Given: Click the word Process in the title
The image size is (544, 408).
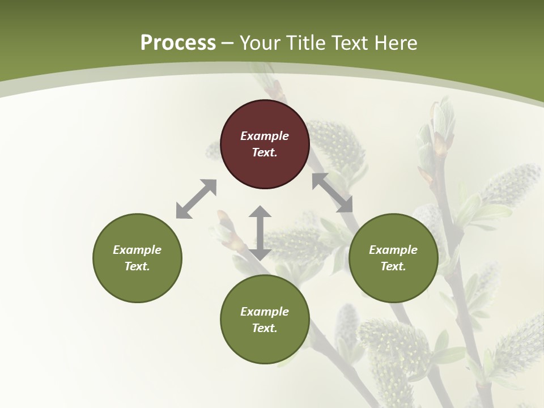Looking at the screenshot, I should pos(178,43).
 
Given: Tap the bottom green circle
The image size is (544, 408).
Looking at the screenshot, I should pos(265,346).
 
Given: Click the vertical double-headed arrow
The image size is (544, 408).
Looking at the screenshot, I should pos(260,233).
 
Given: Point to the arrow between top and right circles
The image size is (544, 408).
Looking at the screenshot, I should pos(333,193).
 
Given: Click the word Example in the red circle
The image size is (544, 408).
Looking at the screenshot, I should pos(265,136).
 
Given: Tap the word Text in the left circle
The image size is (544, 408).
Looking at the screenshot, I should pos(137,266).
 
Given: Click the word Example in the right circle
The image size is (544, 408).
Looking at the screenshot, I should pos(393,250).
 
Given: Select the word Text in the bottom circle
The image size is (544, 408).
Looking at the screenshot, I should pos(264,328).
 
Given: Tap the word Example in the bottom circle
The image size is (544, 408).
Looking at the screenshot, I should pos(265,312).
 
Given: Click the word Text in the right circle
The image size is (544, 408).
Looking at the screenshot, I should pos(393,266).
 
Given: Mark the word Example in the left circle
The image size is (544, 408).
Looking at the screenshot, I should pos(137,250).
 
